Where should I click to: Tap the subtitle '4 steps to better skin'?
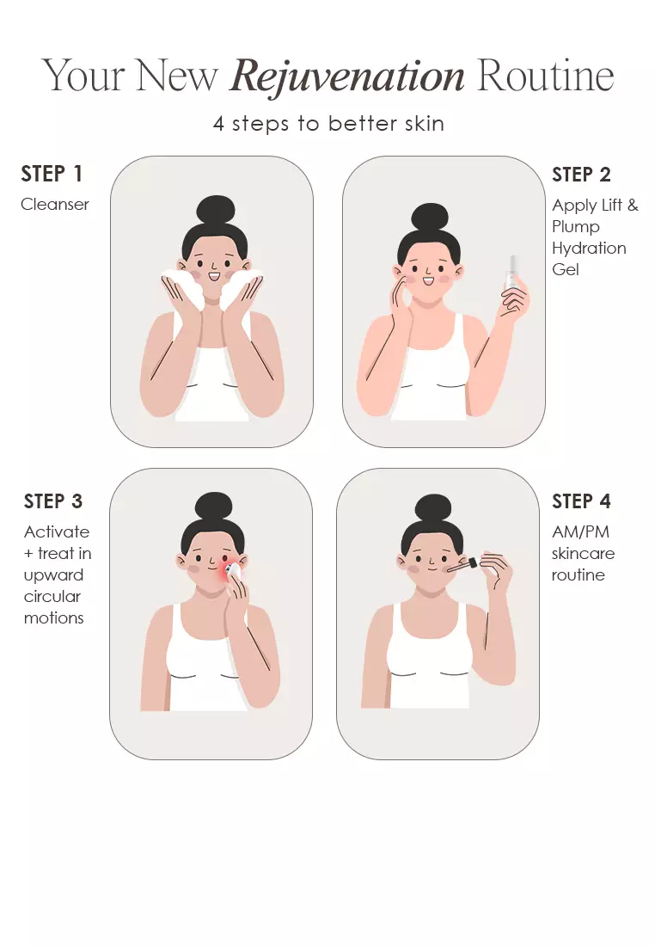(x=328, y=124)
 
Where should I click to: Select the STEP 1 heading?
(x=52, y=174)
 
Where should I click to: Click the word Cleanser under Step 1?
(x=55, y=205)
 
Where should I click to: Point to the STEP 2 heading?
(x=581, y=175)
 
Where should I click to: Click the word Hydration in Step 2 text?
(x=590, y=249)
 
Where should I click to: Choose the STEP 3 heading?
(x=53, y=501)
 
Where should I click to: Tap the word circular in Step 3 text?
(x=52, y=597)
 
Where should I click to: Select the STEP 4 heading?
(x=581, y=501)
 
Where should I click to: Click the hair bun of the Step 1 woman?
(x=215, y=212)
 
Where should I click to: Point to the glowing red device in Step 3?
(x=231, y=570)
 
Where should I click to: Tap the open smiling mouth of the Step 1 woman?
(x=213, y=276)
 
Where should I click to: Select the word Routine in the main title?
(x=545, y=76)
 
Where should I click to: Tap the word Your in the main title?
(x=83, y=76)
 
